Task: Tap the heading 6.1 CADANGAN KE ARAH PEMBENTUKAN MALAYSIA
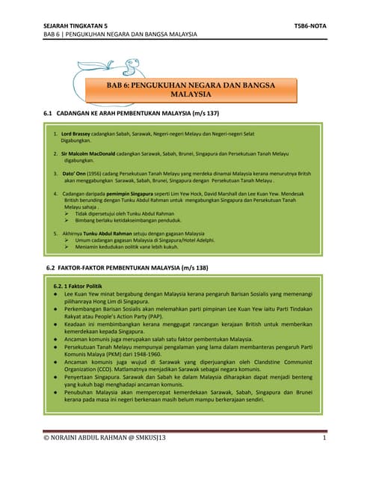pyautogui.click(x=132, y=113)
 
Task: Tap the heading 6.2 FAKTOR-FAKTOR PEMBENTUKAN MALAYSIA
pyautogui.click(x=127, y=267)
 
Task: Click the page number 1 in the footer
pyautogui.click(x=324, y=439)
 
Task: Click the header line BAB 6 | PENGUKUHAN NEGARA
pyautogui.click(x=120, y=34)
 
